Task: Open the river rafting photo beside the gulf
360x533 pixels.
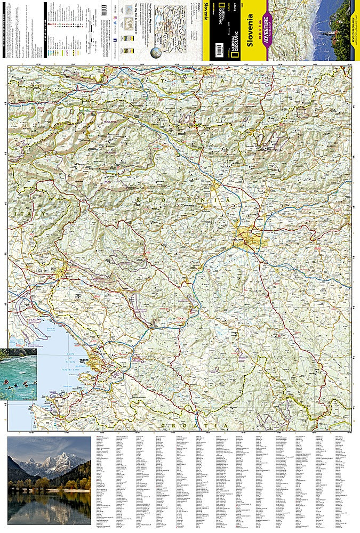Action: coord(18,374)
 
